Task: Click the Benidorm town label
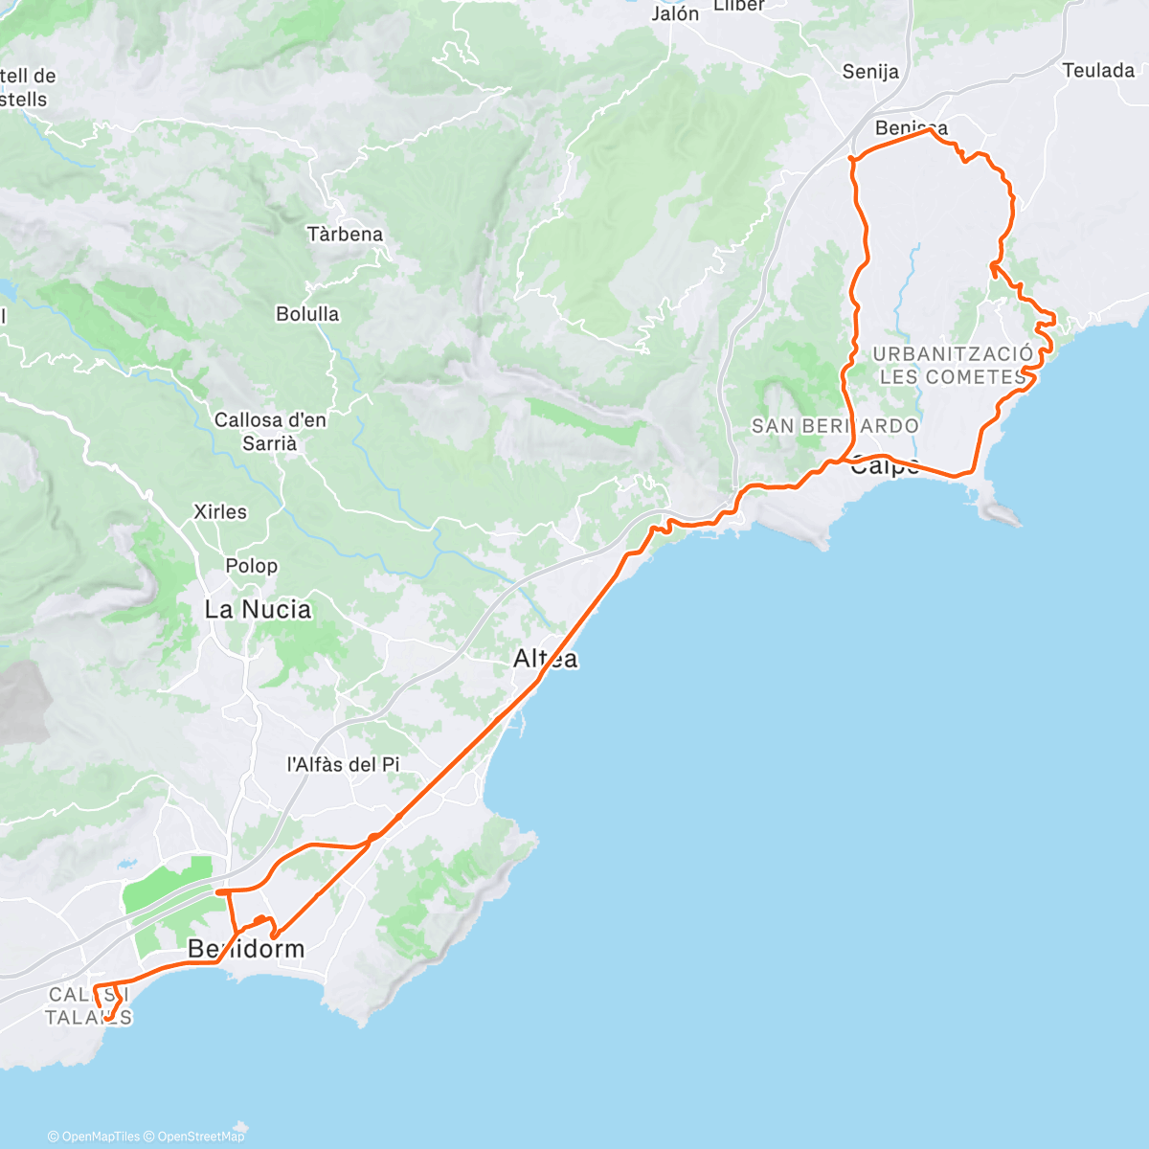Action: point(246,949)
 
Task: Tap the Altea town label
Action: point(546,659)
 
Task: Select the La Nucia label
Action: point(258,610)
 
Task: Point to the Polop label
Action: point(251,566)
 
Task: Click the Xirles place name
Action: point(220,512)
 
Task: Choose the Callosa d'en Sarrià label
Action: point(270,431)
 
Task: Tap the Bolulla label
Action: point(307,314)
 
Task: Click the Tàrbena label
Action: point(345,235)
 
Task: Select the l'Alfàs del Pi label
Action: point(344,765)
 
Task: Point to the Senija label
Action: point(870,72)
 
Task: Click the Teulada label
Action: point(1098,71)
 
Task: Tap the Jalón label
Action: point(675,14)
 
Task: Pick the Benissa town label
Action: point(912,128)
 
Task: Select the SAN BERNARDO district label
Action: point(835,425)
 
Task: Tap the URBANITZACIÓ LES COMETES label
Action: point(953,365)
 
